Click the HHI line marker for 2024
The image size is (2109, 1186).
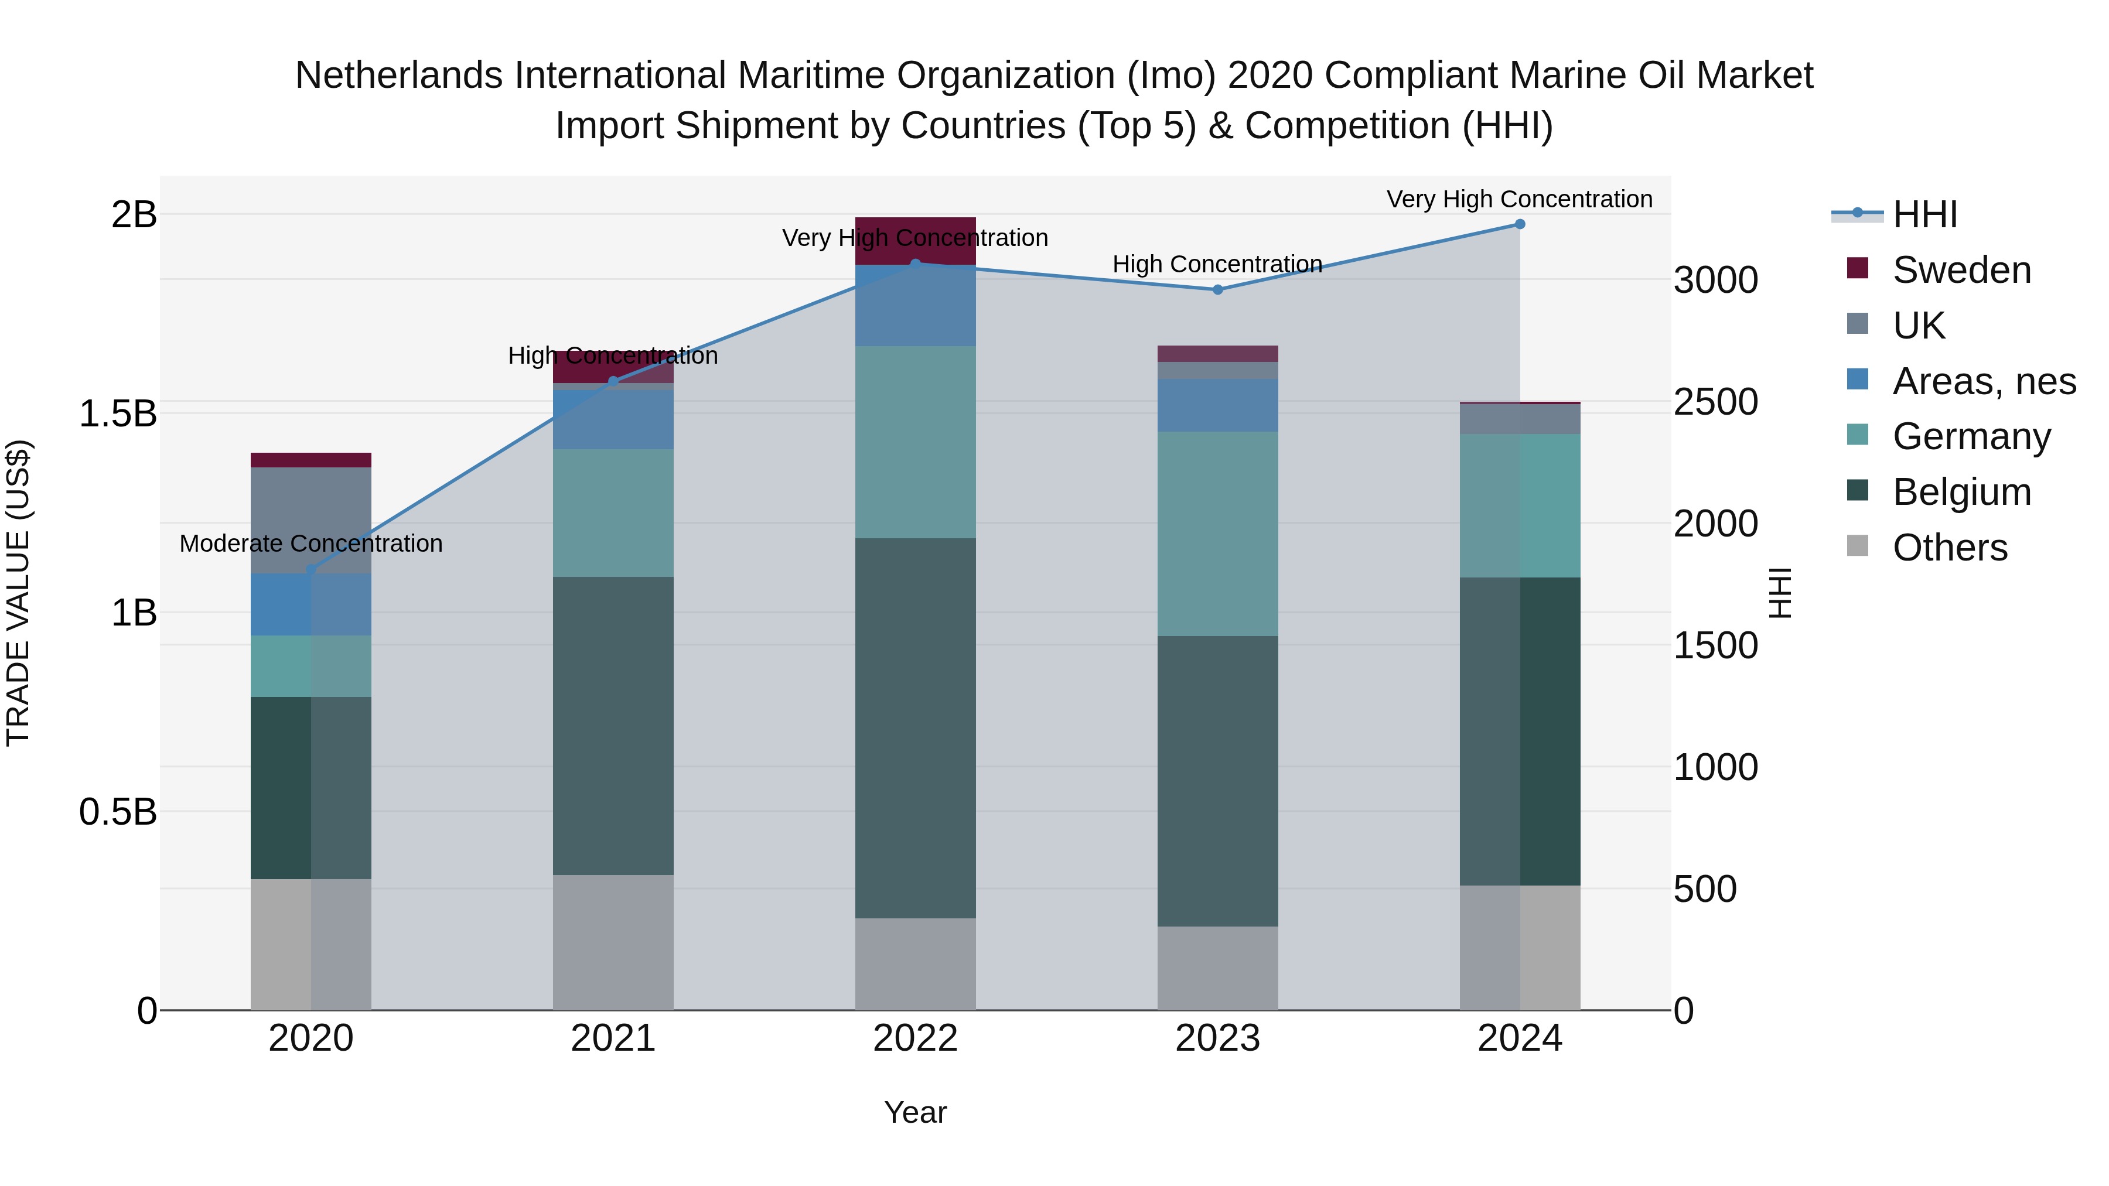pyautogui.click(x=1520, y=224)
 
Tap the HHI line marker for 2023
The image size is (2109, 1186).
pyautogui.click(x=1217, y=290)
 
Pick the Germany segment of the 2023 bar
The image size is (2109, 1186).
pyautogui.click(x=1217, y=534)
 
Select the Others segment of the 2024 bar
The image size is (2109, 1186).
pyautogui.click(x=1520, y=947)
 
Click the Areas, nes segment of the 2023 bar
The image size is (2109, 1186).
pyautogui.click(x=1217, y=405)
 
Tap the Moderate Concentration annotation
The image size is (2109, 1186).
pyautogui.click(x=311, y=544)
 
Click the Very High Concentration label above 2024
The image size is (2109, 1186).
pyautogui.click(x=1520, y=199)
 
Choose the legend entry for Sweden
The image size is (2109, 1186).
pyautogui.click(x=1961, y=270)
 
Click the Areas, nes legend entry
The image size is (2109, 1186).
pyautogui.click(x=1984, y=381)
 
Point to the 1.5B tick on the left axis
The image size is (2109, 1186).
pyautogui.click(x=117, y=413)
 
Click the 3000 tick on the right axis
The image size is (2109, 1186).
pyautogui.click(x=1715, y=280)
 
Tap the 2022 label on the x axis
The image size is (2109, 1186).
pyautogui.click(x=915, y=1038)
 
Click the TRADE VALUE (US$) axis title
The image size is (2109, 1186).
pyautogui.click(x=18, y=593)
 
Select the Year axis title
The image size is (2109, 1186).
pyautogui.click(x=915, y=1112)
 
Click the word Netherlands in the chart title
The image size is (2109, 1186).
pyautogui.click(x=398, y=76)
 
